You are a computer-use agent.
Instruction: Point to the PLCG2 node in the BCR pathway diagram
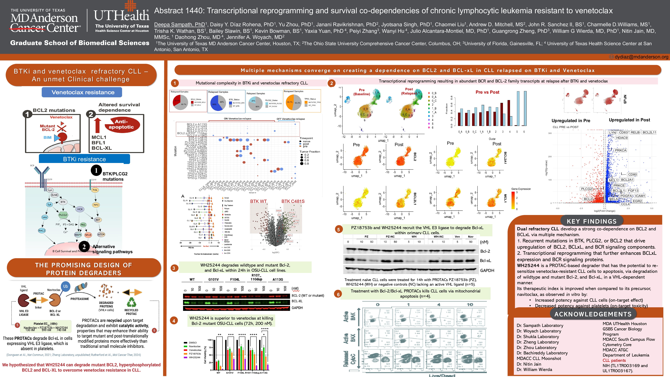pos(63,215)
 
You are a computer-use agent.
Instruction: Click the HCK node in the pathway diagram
pos(80,209)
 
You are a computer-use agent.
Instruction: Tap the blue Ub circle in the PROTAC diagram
pos(66,286)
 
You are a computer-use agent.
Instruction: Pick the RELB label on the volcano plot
pos(635,132)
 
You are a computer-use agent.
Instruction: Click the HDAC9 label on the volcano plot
pos(622,138)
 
